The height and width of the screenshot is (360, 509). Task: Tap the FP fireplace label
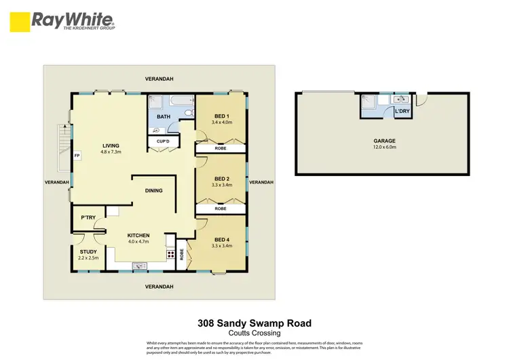click(x=77, y=154)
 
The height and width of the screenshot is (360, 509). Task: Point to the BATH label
click(x=164, y=117)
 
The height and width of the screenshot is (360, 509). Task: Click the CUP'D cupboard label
click(x=163, y=141)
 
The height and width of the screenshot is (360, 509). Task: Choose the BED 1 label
click(x=221, y=116)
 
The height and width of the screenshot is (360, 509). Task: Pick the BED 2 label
click(x=221, y=178)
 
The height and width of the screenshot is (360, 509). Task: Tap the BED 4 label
click(x=222, y=239)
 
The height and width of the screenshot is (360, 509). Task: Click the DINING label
click(x=154, y=191)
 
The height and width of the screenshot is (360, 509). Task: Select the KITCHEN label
click(x=138, y=236)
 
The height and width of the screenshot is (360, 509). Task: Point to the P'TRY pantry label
click(x=88, y=218)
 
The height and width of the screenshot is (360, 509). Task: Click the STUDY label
click(x=88, y=252)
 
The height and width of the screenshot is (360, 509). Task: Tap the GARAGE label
click(x=383, y=141)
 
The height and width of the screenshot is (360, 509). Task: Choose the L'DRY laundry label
click(x=402, y=110)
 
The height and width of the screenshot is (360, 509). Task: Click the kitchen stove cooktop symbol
click(x=170, y=255)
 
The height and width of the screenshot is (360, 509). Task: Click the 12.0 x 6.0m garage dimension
click(x=383, y=147)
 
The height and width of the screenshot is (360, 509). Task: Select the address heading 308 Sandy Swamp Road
click(x=254, y=323)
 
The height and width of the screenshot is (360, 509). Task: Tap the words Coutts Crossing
click(x=254, y=333)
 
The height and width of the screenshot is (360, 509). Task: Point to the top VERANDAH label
click(x=159, y=79)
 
